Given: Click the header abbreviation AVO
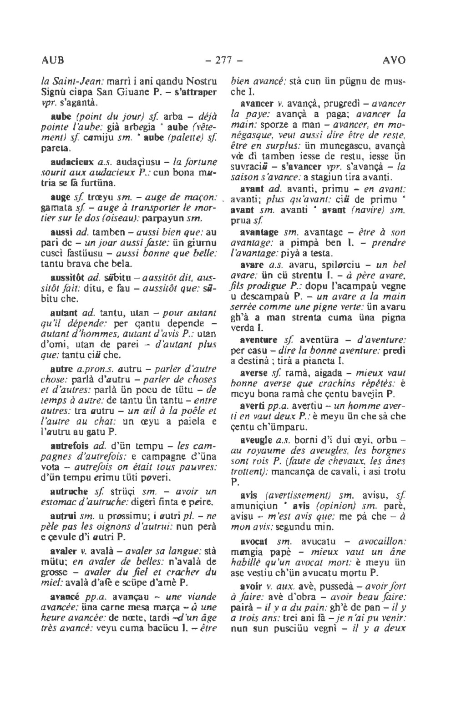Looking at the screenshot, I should click(394, 60).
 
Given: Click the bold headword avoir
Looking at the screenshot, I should click(250, 586).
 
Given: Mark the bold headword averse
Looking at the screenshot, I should click(254, 373).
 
